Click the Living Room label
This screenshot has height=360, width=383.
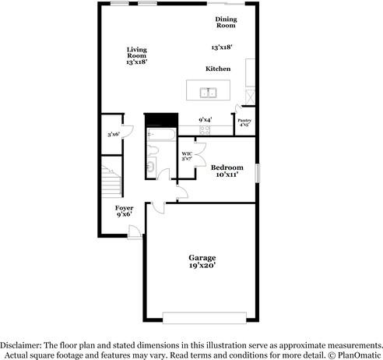[x=137, y=51]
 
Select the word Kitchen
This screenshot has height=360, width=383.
[x=218, y=69]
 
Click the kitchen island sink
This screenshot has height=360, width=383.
[x=208, y=93]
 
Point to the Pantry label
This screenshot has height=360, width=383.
[x=244, y=120]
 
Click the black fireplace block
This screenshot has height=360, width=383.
[x=161, y=119]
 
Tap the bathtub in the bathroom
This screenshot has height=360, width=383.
[x=161, y=136]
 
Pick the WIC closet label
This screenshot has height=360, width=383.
[x=187, y=154]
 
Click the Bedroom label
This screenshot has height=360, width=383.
[x=227, y=168]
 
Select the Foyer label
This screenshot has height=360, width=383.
[x=124, y=208]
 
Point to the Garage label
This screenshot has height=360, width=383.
[x=202, y=257]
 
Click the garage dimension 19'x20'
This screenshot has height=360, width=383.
[x=202, y=266]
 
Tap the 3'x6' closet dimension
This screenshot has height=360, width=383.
[x=114, y=135]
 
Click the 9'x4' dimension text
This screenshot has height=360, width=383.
[x=206, y=119]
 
